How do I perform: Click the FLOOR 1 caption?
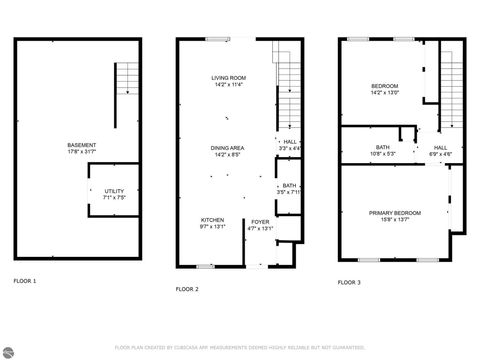click(25, 281)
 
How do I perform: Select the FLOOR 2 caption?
click(187, 288)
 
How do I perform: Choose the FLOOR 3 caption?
click(349, 282)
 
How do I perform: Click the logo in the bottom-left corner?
click(7, 352)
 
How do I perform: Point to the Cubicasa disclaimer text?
click(240, 347)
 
